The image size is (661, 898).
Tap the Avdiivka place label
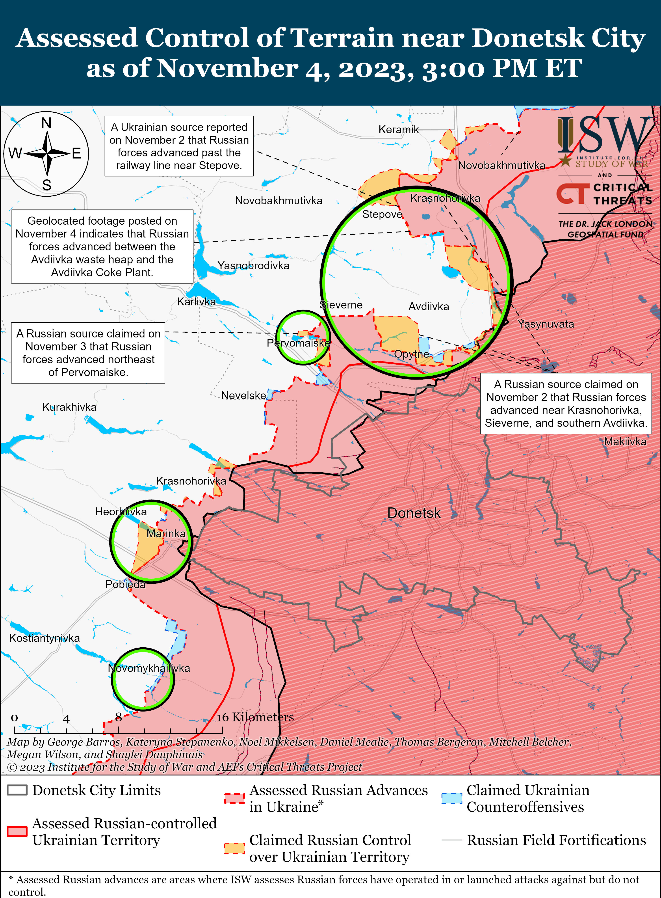[x=429, y=307]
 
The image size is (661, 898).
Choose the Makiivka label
[x=625, y=442]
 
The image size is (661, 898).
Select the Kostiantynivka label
[x=45, y=638]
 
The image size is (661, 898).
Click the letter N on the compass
[x=46, y=123]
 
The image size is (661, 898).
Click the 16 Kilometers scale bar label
[x=255, y=717]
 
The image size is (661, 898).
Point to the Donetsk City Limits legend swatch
[x=17, y=790]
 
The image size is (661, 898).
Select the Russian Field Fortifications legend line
[x=452, y=840]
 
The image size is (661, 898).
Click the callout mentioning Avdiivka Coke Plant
[x=102, y=246]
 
